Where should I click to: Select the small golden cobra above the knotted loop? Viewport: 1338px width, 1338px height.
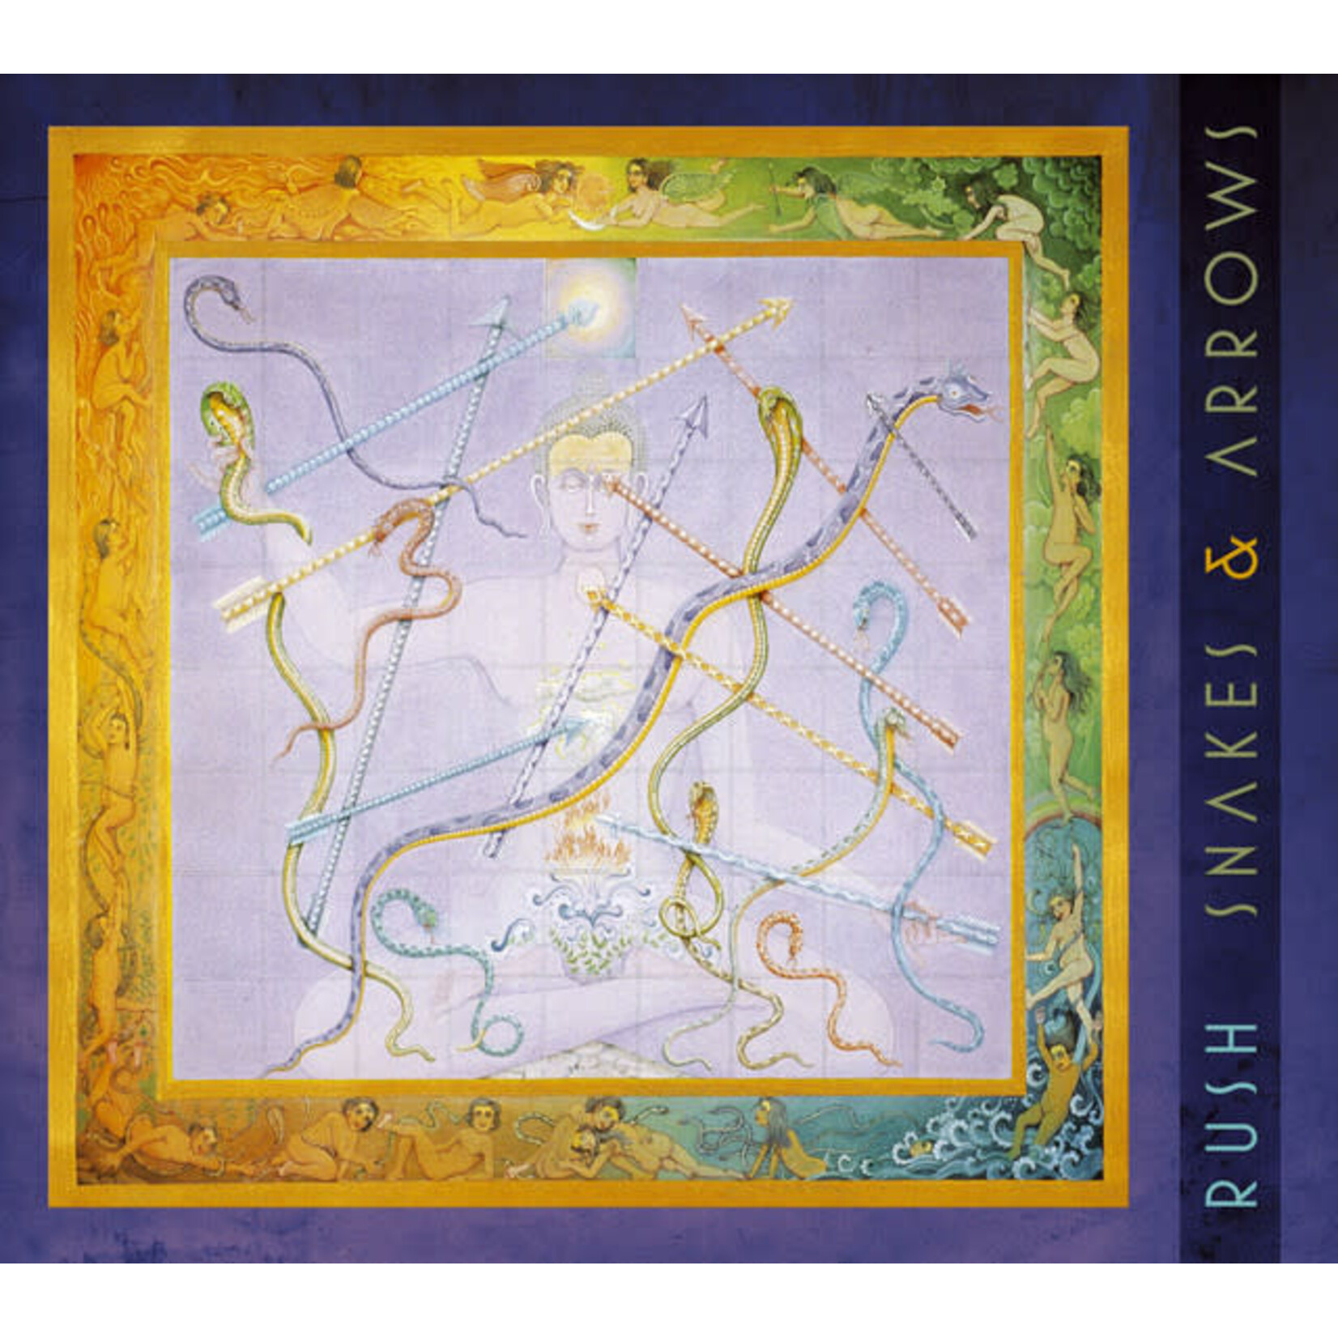tap(702, 802)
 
